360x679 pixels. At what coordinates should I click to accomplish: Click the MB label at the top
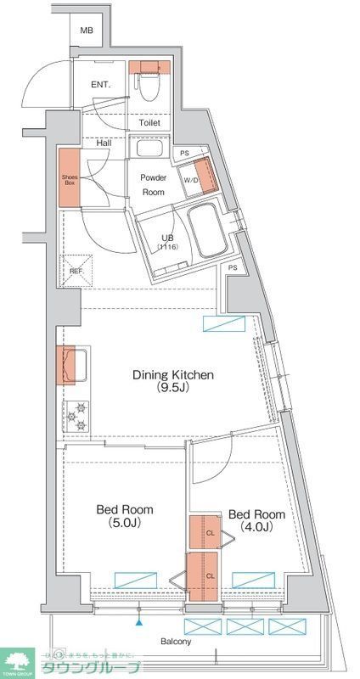(x=86, y=31)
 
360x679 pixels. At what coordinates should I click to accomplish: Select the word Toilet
(x=150, y=122)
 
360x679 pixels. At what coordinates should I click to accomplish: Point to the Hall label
(x=104, y=143)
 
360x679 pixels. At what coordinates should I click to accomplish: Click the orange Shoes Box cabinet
(x=70, y=178)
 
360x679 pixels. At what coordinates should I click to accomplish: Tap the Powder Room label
(x=153, y=185)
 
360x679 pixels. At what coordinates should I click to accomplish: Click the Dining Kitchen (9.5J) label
(x=172, y=381)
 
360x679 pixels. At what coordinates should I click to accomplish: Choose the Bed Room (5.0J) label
(x=124, y=516)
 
